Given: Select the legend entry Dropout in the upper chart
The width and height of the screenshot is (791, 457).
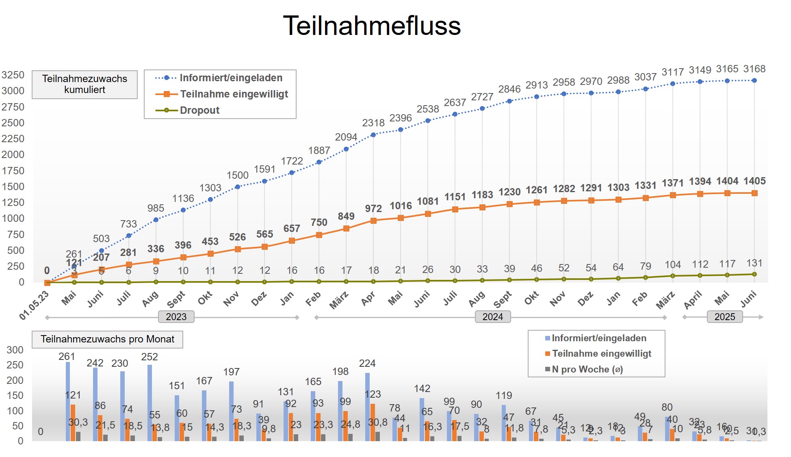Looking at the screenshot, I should [199, 110].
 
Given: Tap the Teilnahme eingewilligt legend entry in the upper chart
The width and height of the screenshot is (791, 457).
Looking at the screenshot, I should [234, 94].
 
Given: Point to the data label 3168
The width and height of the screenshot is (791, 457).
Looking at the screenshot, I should [754, 69].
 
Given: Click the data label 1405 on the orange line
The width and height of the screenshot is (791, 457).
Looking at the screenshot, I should [754, 181].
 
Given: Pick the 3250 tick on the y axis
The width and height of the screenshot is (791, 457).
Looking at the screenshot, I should [13, 75].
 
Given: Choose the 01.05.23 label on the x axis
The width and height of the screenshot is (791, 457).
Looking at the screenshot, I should [34, 305].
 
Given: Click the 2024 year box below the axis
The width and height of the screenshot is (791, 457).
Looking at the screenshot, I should [492, 317].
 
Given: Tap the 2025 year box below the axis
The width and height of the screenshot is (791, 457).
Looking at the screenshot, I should [725, 317].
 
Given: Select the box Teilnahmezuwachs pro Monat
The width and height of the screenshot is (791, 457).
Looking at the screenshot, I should [107, 339].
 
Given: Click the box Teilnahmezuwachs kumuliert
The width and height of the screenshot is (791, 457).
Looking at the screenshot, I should [85, 84].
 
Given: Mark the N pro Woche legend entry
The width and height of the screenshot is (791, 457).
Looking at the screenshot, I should [587, 370].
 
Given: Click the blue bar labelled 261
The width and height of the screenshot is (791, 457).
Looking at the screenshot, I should [68, 401].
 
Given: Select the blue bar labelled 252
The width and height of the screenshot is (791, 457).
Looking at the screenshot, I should [150, 403].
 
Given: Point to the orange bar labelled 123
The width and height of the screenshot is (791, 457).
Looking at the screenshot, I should [373, 422].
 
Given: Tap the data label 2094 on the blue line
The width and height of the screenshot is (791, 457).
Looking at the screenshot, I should [346, 137].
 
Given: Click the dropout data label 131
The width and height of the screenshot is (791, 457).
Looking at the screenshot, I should [754, 263].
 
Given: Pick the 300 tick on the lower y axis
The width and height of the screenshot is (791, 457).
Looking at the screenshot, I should [15, 350].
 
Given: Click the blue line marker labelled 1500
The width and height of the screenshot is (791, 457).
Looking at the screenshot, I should [238, 187].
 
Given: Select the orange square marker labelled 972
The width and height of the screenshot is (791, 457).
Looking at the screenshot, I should [373, 221].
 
